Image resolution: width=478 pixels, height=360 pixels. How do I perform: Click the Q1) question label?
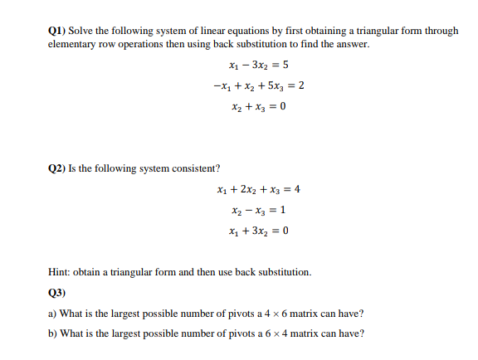pos(58,31)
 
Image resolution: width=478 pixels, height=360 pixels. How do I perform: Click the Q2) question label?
pos(58,168)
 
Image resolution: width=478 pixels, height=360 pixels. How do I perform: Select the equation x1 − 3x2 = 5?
pos(256,65)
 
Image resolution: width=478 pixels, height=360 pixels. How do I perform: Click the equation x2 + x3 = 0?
pos(256,106)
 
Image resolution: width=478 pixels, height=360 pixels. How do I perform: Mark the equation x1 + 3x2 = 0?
pos(256,231)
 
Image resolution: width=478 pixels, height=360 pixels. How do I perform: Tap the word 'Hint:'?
pos(61,272)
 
